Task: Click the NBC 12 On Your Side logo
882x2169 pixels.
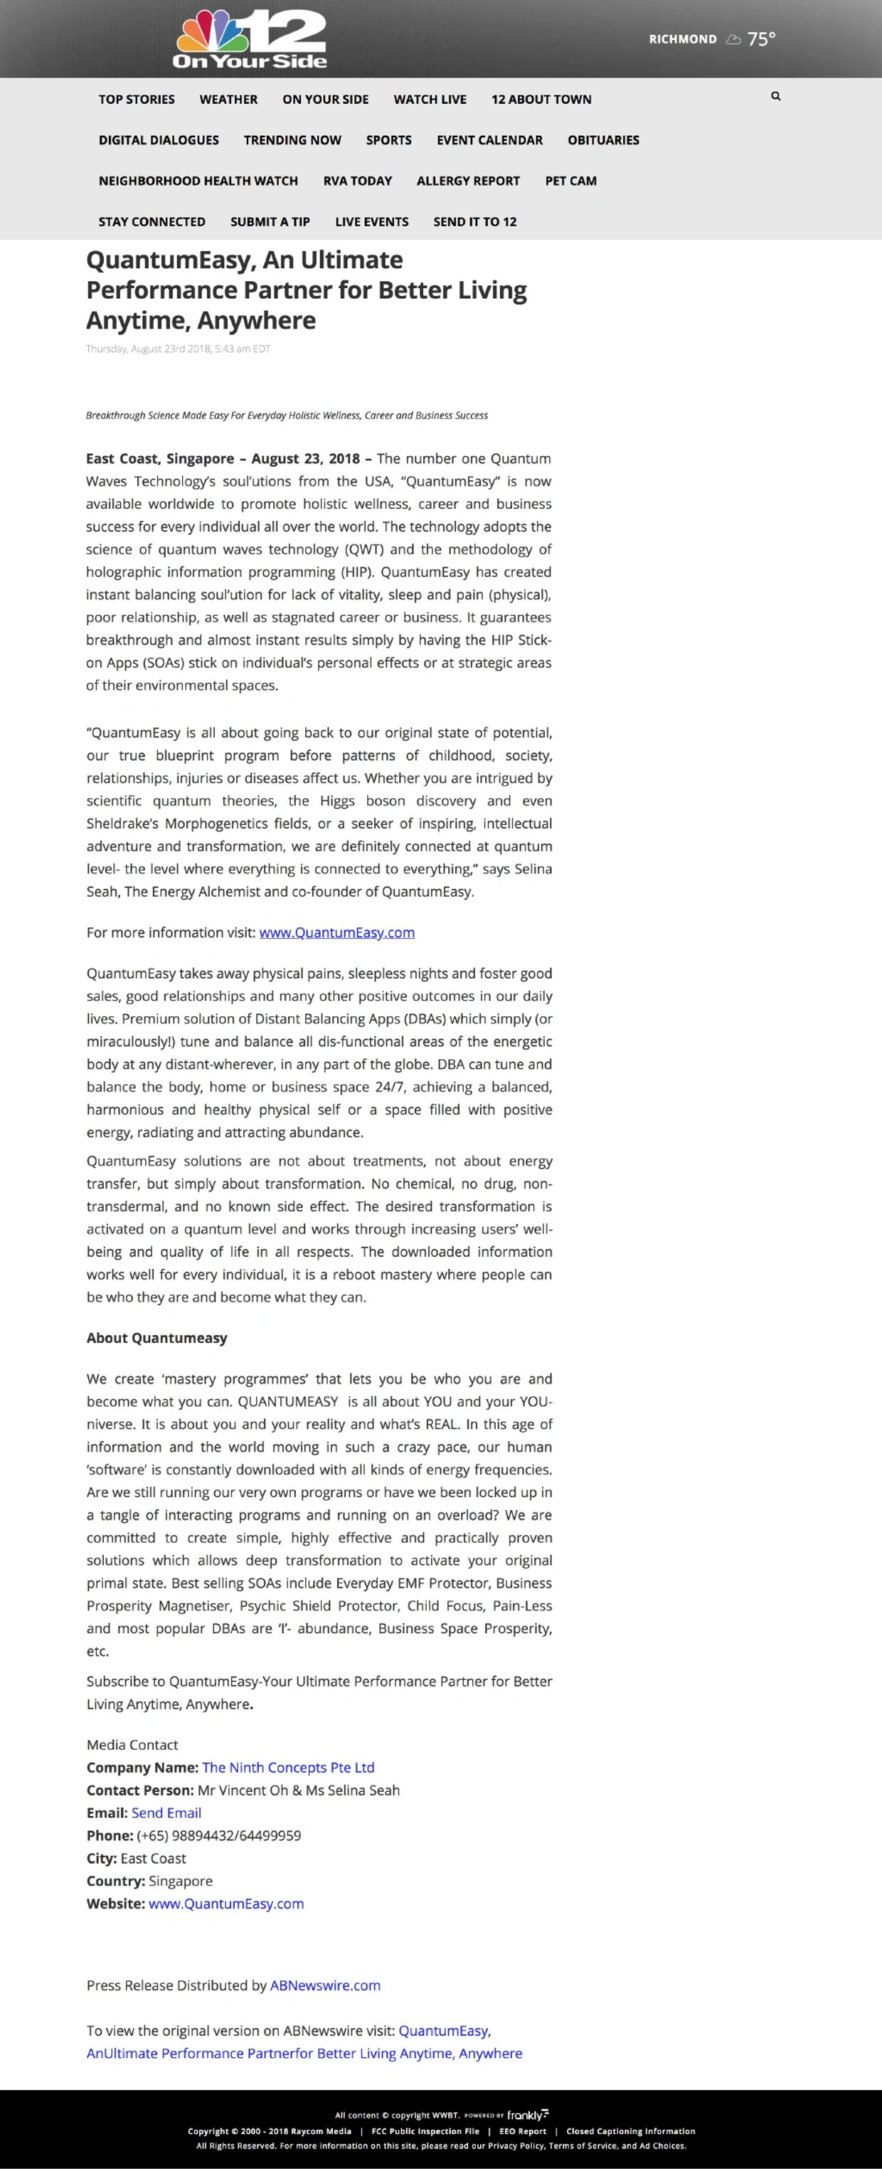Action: [249, 38]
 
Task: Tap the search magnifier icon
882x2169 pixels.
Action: [775, 97]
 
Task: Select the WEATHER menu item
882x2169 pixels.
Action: [228, 100]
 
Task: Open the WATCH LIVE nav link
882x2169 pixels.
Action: [429, 100]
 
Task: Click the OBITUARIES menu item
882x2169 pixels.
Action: [602, 139]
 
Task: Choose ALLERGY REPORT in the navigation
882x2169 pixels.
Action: [468, 181]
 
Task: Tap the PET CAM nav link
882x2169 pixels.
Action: [570, 181]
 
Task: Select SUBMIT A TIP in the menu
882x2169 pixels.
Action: [270, 221]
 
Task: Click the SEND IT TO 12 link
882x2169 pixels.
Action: [474, 221]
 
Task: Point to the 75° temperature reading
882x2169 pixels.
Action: [761, 38]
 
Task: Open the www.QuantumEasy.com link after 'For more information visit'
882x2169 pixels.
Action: [336, 932]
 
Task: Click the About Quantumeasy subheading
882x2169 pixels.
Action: [156, 1338]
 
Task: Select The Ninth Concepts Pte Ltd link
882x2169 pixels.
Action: [288, 1768]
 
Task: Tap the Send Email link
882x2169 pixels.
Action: [166, 1812]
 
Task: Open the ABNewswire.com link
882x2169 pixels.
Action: [325, 1985]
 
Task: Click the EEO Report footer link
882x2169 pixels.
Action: [523, 2131]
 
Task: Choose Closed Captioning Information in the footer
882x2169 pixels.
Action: [630, 2131]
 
